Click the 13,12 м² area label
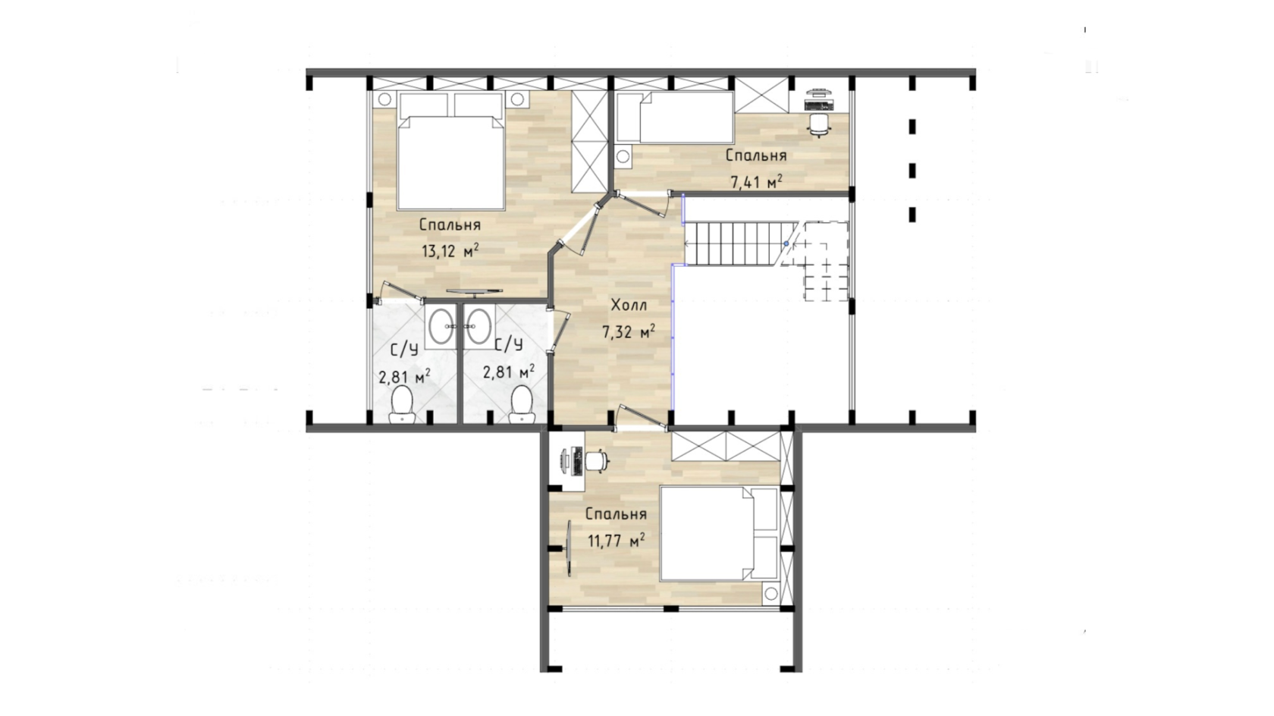[450, 250]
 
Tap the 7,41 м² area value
[757, 182]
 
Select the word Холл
[629, 306]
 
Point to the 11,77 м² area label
[617, 540]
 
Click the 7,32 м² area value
[629, 331]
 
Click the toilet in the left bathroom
[403, 404]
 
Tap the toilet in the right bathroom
[522, 404]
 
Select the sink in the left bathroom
[441, 326]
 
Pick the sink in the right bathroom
[479, 326]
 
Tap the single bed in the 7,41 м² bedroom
[675, 118]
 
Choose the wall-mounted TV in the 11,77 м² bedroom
[569, 549]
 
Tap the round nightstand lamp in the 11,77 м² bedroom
[770, 594]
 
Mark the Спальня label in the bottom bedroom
[616, 514]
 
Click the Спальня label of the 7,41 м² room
[756, 155]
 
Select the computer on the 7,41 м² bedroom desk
[819, 100]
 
